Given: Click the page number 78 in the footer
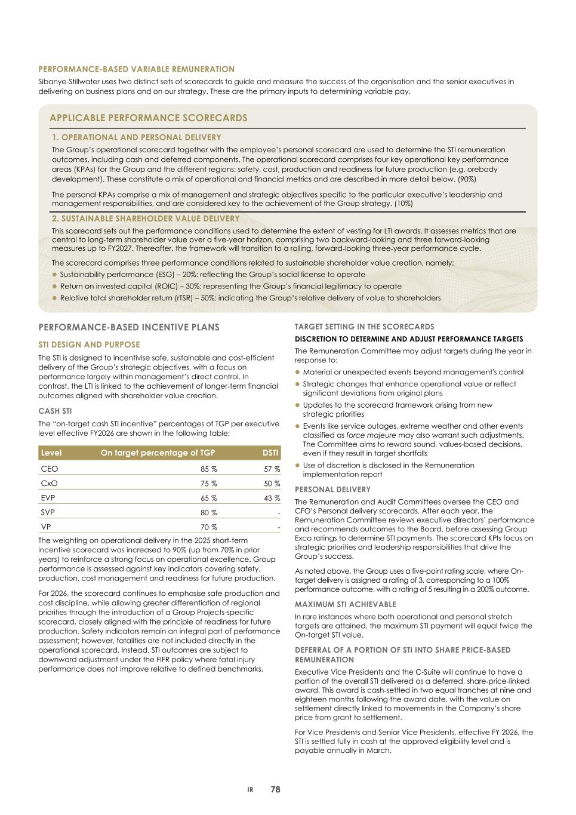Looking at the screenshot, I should pyautogui.click(x=275, y=789).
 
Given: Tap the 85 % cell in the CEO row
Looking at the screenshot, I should pyautogui.click(x=208, y=469).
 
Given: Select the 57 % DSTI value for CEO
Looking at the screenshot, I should pyautogui.click(x=272, y=469).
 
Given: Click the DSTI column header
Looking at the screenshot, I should pyautogui.click(x=270, y=453).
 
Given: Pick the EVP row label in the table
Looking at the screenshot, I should pyautogui.click(x=48, y=498).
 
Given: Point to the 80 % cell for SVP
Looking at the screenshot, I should pyautogui.click(x=208, y=512).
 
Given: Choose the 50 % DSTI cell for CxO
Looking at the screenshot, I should pyautogui.click(x=272, y=484).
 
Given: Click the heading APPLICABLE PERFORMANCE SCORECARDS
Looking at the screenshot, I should pyautogui.click(x=148, y=118).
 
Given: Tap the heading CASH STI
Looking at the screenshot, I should pyautogui.click(x=56, y=411).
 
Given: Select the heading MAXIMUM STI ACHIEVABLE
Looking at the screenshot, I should pyautogui.click(x=345, y=604).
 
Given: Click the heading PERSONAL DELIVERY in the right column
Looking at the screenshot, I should pyautogui.click(x=332, y=490).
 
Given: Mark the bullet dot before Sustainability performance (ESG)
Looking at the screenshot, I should pyautogui.click(x=55, y=275).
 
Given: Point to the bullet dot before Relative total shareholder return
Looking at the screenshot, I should pyautogui.click(x=55, y=298).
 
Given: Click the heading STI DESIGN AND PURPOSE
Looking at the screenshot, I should pyautogui.click(x=89, y=345).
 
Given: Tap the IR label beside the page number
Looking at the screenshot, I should pyautogui.click(x=251, y=790).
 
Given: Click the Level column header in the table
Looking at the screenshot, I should pyautogui.click(x=51, y=453).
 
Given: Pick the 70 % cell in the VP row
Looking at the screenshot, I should pyautogui.click(x=208, y=527).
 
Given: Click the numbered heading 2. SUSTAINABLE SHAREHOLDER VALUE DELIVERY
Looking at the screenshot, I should pyautogui.click(x=146, y=219).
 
